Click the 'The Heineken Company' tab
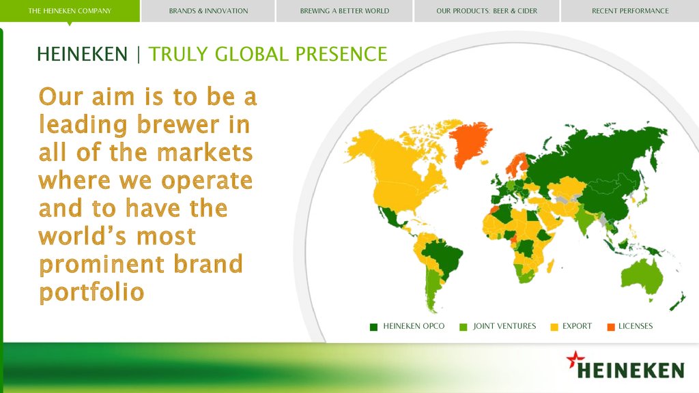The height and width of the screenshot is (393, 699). coord(70,11)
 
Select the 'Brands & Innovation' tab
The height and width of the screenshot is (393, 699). coord(208,11)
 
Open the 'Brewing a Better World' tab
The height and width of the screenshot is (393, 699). coord(344,11)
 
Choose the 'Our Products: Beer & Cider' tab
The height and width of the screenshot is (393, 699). coord(487,11)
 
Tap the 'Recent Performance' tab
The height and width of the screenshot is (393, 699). coord(630,11)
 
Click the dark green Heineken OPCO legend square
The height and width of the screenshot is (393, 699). coord(373,327)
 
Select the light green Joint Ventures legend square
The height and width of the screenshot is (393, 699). coord(463,327)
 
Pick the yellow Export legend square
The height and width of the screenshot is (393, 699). coord(554,327)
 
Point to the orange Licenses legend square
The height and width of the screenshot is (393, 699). coord(611,327)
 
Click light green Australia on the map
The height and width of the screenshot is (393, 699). coord(642,276)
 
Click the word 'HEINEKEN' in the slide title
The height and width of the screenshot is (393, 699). coord(83,55)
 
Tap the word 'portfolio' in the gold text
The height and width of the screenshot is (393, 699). coord(92,293)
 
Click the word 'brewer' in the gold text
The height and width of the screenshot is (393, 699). coord(178,124)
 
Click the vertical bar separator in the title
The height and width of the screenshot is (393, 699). coord(139,55)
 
